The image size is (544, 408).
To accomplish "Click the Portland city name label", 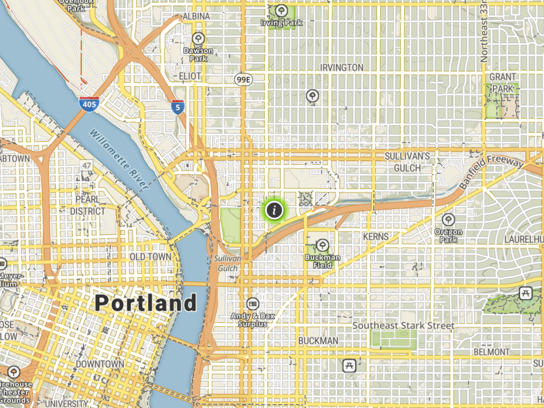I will [x=146, y=303].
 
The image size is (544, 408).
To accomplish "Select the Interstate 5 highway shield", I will [x=177, y=107].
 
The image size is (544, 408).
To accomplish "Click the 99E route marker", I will [x=243, y=79].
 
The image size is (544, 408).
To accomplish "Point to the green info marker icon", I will [x=274, y=210].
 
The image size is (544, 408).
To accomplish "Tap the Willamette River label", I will [x=119, y=159].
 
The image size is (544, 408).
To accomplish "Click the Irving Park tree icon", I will [x=281, y=11].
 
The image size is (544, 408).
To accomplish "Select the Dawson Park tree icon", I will [x=198, y=39].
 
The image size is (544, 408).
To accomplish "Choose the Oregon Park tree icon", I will [x=448, y=220].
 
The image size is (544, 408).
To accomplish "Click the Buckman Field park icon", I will [x=322, y=246].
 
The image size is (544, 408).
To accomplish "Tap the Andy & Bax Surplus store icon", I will [x=253, y=304].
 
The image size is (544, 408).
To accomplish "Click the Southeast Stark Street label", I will [x=403, y=326].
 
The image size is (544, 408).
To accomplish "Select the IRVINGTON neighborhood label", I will [x=342, y=68].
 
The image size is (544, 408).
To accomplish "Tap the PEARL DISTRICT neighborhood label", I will [x=87, y=205].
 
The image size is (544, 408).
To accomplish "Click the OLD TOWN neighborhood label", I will [x=150, y=257].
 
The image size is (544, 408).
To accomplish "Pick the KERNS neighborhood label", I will [x=376, y=237].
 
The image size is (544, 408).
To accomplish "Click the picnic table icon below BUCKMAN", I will [x=349, y=365].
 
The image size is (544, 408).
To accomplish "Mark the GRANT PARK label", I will [x=503, y=83].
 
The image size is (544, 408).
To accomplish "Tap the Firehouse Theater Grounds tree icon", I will [x=14, y=372].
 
